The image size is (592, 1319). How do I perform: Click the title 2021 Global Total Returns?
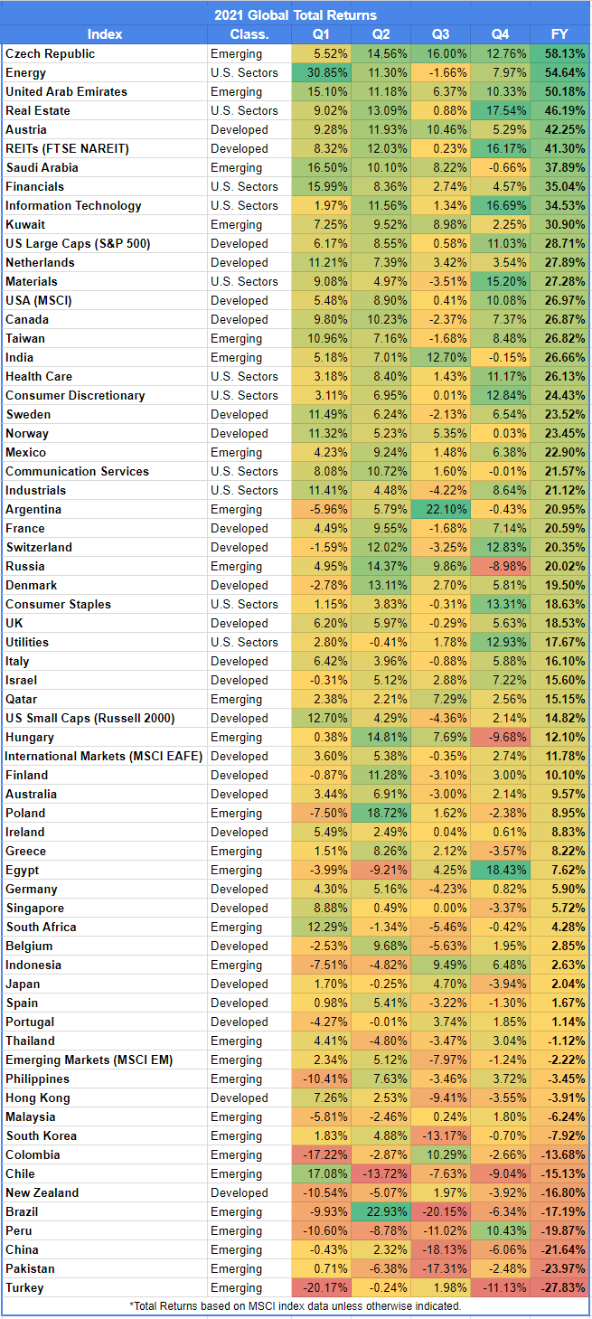[x=296, y=14]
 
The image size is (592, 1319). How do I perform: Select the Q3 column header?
[x=440, y=34]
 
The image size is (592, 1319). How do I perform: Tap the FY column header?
[x=559, y=34]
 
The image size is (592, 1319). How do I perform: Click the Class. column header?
[x=249, y=34]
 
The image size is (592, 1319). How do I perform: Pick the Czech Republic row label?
[x=51, y=53]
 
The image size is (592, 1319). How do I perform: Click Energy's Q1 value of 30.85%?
[x=322, y=72]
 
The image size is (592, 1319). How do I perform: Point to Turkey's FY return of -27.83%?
[x=559, y=1287]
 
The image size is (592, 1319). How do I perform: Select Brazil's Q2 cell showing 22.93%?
[x=381, y=1211]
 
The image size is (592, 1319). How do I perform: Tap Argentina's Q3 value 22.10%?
[x=440, y=509]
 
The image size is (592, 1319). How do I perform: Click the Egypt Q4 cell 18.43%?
[x=500, y=870]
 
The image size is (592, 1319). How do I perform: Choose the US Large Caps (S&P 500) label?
[x=78, y=243]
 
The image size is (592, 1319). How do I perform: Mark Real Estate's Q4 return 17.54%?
[x=500, y=110]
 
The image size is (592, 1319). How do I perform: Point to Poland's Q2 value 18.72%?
[x=381, y=813]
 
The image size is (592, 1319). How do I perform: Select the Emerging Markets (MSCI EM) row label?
[x=89, y=1060]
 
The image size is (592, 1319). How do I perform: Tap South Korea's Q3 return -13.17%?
[x=440, y=1135]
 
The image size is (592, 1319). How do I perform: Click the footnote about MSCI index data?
[x=296, y=1305]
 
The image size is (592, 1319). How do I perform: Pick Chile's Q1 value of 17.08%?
[x=322, y=1173]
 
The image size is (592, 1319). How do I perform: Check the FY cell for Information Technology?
[x=559, y=205]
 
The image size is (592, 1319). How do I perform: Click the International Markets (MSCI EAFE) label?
[x=104, y=756]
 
